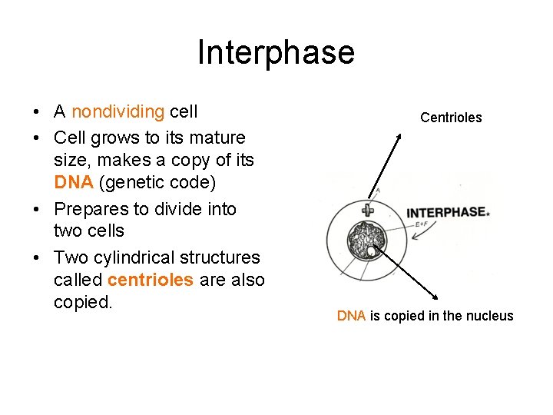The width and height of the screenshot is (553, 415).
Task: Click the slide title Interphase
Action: point(276,52)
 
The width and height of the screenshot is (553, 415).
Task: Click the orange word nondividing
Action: point(118,111)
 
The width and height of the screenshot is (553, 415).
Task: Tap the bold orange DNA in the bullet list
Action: point(70,183)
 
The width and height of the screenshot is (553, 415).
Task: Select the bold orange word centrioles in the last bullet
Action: point(151,280)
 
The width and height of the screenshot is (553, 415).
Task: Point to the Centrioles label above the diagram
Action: point(451,118)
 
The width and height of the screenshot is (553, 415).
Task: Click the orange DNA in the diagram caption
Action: point(351,316)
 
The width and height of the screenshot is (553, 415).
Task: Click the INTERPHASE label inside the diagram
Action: point(445,212)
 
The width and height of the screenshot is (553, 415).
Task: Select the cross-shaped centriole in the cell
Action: point(369,211)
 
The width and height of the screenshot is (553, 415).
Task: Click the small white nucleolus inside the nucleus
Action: point(372,251)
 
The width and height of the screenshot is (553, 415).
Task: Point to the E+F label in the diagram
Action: point(422,224)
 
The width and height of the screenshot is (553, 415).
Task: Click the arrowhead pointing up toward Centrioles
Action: point(399,134)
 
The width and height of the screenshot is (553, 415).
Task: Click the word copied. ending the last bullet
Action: point(83,302)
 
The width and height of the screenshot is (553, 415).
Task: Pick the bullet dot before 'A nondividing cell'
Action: point(38,113)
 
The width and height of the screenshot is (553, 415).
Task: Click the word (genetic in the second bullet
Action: point(151,183)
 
